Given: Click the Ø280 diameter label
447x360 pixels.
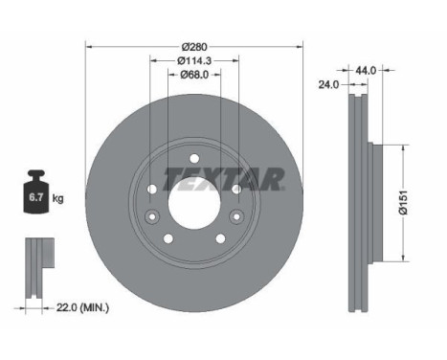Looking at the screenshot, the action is [194, 47].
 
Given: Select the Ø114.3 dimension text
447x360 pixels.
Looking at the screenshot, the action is [194, 60].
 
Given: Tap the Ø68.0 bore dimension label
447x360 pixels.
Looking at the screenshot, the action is [194, 75].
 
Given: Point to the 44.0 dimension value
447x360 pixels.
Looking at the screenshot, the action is [366, 70].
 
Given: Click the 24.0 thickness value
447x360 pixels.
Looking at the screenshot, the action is [328, 84].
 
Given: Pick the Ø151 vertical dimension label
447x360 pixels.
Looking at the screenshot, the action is [403, 203].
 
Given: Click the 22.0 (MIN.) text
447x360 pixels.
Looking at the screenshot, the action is [82, 308].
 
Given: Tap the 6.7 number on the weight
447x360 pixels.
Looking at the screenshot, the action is [36, 197].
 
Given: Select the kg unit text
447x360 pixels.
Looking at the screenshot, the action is [57, 199].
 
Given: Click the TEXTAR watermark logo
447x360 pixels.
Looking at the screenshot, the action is [224, 179].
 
